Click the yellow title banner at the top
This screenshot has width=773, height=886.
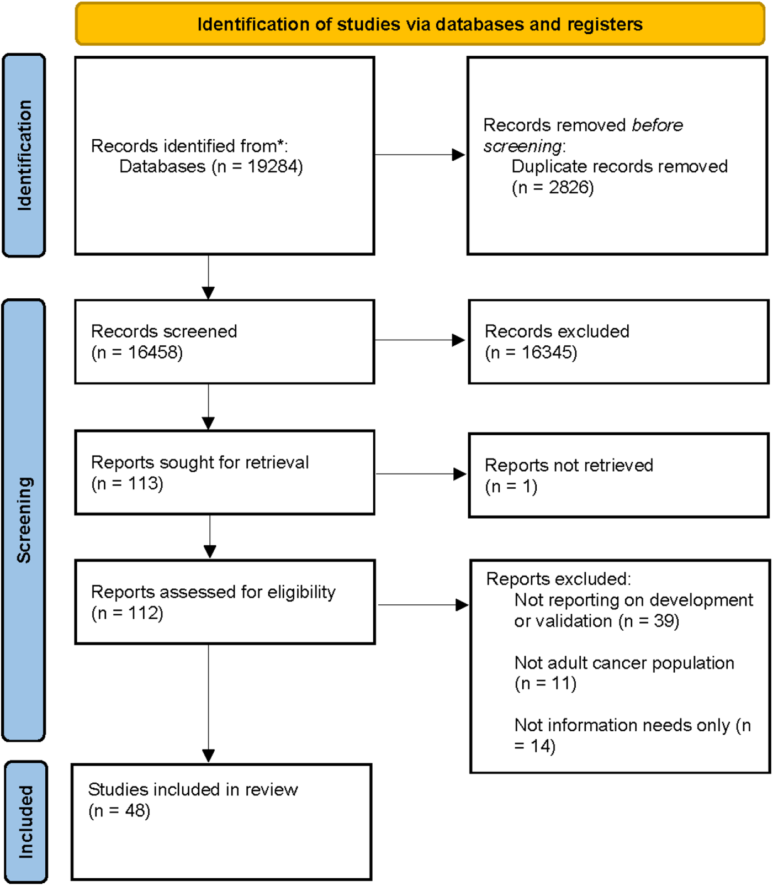point(420,24)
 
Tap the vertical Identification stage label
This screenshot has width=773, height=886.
point(24,155)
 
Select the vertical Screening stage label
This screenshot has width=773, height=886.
point(24,520)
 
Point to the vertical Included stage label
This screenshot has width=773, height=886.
point(25,822)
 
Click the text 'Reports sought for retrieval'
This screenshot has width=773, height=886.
point(200,462)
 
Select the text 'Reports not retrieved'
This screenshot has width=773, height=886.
point(569,465)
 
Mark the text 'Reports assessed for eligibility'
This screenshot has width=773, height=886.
point(213,592)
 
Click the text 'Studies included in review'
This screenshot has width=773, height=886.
point(193,789)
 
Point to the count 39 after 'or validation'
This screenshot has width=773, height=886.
point(664,621)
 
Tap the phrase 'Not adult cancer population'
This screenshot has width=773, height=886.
point(624,663)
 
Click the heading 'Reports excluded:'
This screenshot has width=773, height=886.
point(559,579)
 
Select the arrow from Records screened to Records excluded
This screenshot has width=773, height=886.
point(420,340)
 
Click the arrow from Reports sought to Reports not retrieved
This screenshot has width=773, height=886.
point(421,474)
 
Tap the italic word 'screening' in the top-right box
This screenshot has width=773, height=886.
point(522,146)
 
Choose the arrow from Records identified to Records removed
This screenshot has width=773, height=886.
point(420,155)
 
